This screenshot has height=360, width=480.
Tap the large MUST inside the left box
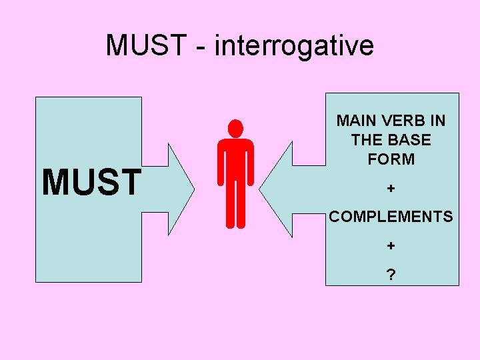(x=92, y=183)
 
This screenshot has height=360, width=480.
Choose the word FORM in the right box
(x=391, y=159)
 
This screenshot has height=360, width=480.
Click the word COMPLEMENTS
(x=391, y=217)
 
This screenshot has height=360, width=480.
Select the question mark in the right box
(x=391, y=273)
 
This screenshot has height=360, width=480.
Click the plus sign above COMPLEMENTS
(x=391, y=189)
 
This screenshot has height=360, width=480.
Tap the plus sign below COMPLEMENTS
(x=391, y=245)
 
